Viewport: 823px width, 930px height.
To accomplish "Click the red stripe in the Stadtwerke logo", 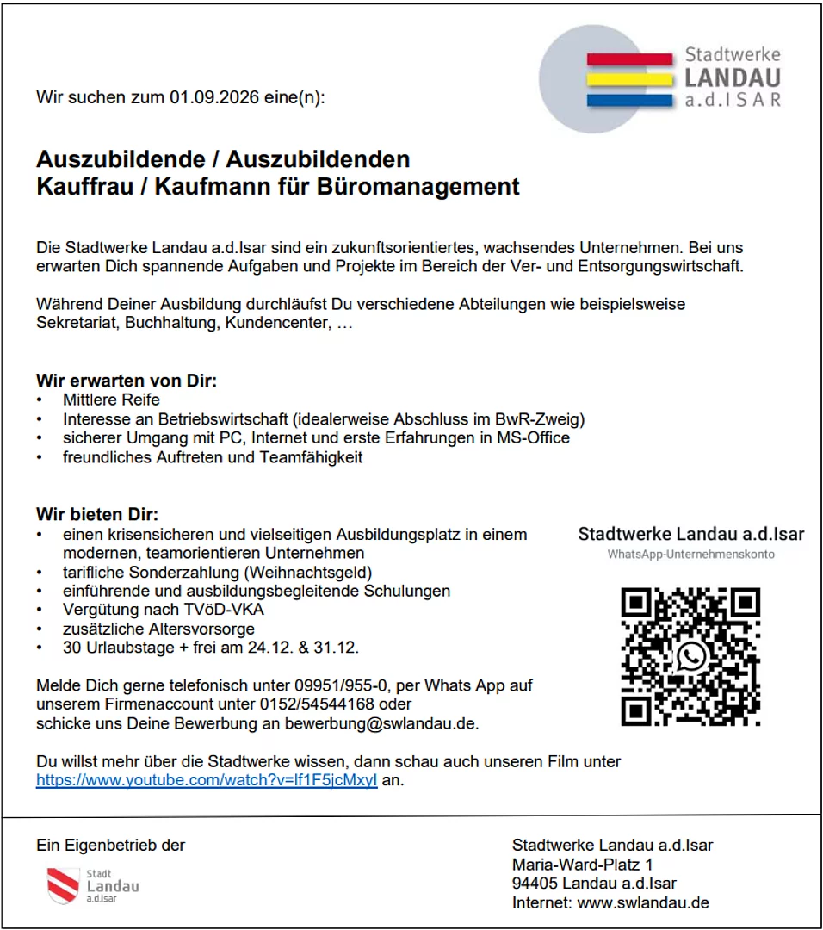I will coord(628,59).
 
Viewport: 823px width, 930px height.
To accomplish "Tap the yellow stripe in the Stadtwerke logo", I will coord(628,79).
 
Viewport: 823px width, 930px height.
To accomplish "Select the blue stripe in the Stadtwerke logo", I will coord(628,100).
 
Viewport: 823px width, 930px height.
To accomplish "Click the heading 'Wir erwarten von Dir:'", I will coord(126,380).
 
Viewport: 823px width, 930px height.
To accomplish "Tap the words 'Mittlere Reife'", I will coord(111,400).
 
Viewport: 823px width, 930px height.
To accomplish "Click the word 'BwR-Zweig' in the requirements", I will coord(541,419).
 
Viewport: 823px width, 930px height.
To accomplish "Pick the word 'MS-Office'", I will coord(534,438).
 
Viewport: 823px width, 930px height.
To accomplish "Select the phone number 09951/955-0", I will coord(343,686).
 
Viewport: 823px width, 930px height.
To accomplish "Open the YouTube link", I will coord(207,781).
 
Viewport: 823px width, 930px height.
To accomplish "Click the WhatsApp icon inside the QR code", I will coord(690,656).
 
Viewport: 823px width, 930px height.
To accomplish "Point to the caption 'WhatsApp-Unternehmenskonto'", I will coord(690,555).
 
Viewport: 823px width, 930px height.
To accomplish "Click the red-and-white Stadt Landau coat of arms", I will coord(63,884).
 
